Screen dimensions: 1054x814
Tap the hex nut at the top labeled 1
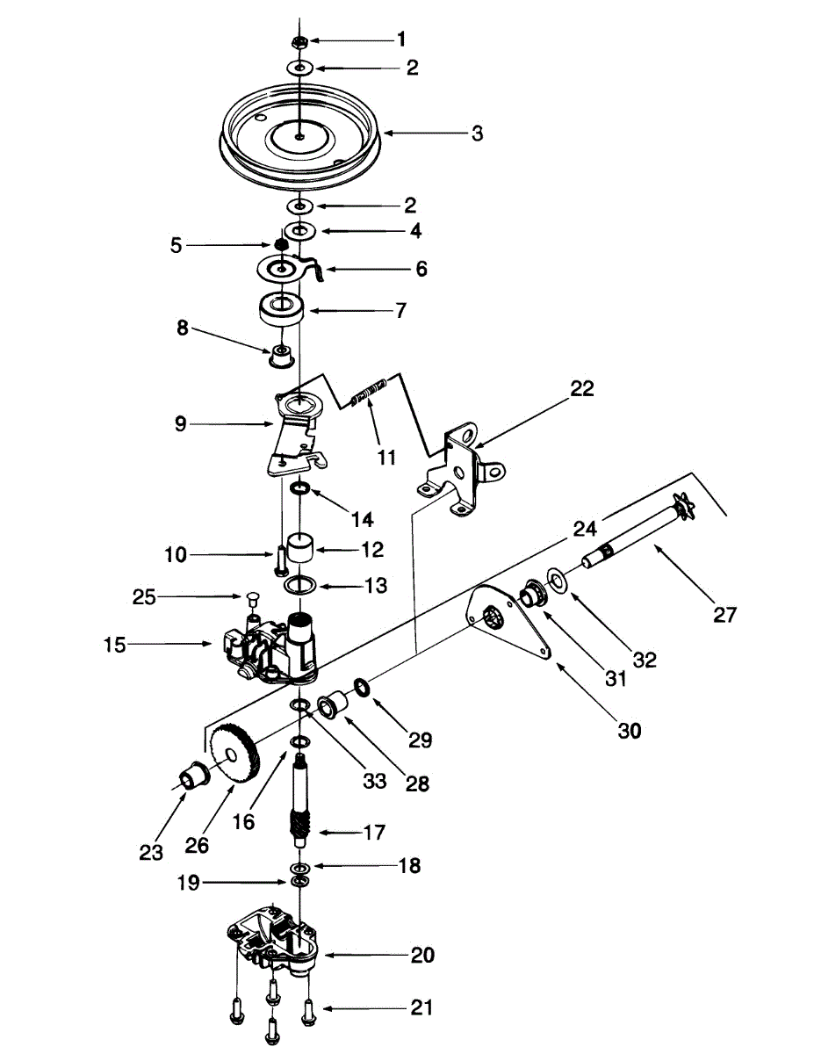299,40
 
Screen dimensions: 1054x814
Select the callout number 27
724,615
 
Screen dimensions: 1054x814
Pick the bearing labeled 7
282,310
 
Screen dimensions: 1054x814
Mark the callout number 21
422,1009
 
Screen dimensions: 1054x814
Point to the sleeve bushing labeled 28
334,705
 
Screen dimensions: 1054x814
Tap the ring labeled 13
302,585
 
